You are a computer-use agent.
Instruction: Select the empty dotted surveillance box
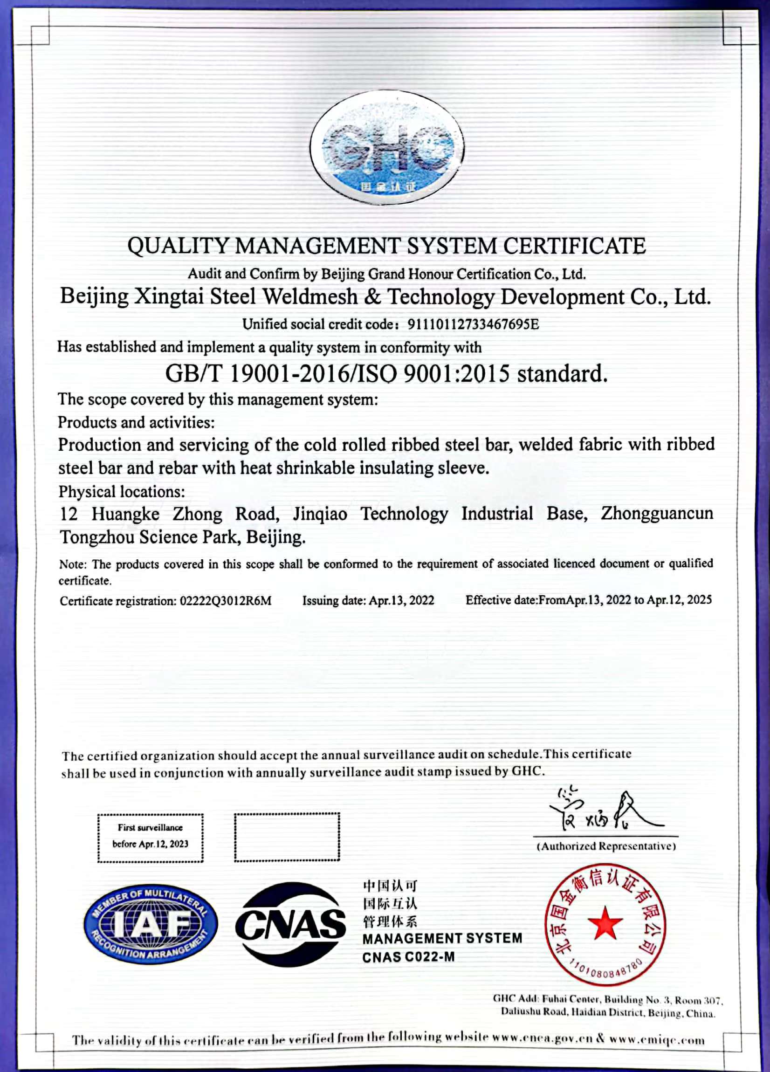point(287,837)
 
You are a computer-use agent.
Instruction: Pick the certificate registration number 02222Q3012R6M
point(226,601)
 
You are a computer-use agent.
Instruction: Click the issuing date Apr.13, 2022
point(401,601)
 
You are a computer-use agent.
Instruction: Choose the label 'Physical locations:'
point(122,492)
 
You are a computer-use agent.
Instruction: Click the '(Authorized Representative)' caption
point(606,846)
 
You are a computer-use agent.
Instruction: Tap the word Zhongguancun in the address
point(657,513)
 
